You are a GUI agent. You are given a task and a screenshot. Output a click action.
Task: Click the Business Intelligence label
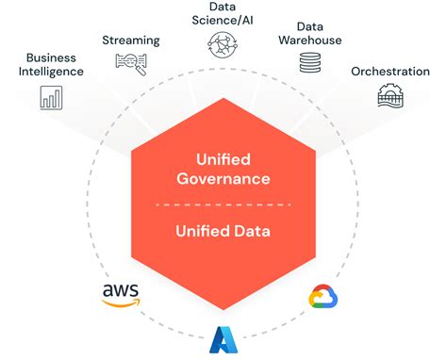55,64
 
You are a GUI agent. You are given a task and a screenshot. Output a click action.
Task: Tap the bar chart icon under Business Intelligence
52,96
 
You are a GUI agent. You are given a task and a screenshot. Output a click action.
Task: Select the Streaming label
131,41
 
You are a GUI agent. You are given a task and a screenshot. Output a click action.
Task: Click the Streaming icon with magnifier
131,63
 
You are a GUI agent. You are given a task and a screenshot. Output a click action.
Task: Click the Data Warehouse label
309,33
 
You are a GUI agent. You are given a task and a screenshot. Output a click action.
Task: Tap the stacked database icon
309,63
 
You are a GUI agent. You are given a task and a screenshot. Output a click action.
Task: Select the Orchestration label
390,72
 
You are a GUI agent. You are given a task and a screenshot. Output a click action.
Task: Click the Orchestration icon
389,96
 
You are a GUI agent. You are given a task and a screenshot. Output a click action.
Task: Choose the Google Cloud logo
323,298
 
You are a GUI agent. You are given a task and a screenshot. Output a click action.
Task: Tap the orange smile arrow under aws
123,305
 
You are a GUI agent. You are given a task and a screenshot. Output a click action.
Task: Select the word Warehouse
309,40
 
